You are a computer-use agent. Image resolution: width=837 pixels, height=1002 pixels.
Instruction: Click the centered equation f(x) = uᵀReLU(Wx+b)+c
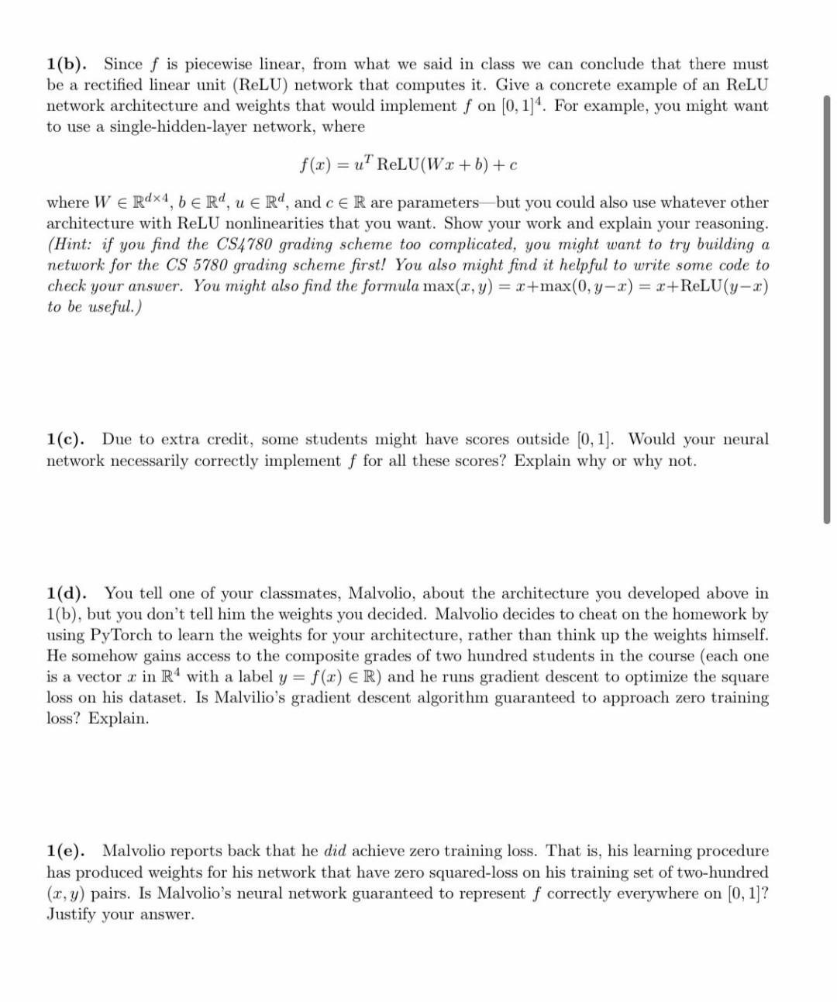click(408, 164)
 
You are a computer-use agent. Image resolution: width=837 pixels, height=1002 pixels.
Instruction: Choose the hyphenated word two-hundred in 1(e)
click(725, 872)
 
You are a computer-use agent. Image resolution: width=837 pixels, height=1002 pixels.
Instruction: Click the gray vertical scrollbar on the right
click(827, 310)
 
